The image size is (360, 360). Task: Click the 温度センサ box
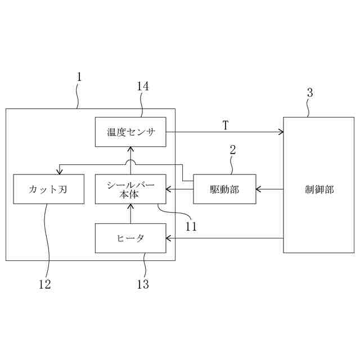click(x=130, y=132)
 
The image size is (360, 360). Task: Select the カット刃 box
click(x=48, y=189)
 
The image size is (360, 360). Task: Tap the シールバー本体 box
click(x=130, y=189)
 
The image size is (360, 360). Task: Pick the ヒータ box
click(x=130, y=238)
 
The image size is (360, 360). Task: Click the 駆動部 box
click(x=224, y=189)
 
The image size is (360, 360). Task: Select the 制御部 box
click(x=318, y=189)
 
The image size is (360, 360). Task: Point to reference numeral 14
click(x=143, y=86)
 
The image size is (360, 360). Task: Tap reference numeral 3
click(x=310, y=93)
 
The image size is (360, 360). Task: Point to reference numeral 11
click(x=191, y=227)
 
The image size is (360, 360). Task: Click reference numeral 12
click(x=45, y=284)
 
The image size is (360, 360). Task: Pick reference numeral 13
click(x=143, y=284)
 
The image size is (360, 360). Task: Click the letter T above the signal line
click(x=225, y=125)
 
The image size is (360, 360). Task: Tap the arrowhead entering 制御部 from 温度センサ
click(x=281, y=132)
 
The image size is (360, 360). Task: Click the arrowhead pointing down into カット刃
click(x=59, y=172)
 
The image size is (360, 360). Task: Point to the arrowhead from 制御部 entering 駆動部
click(x=258, y=189)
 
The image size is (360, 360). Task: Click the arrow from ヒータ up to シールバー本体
click(x=130, y=214)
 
